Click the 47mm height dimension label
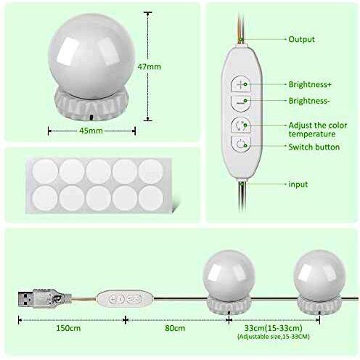(150, 67)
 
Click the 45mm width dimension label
(91, 131)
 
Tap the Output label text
(301, 39)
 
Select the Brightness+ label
(310, 84)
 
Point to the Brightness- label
(309, 101)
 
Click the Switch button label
(314, 147)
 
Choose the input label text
(298, 184)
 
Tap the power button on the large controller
(241, 144)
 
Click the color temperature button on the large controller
(241, 126)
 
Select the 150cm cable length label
(68, 328)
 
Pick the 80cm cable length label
(175, 328)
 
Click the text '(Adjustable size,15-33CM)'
(274, 337)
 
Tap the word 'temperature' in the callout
(312, 134)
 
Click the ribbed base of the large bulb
(91, 104)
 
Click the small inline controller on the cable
(125, 299)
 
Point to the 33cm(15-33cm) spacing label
(274, 328)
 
